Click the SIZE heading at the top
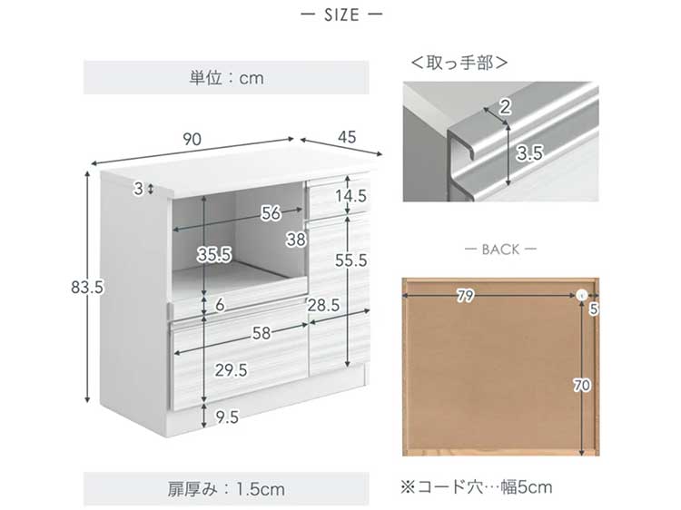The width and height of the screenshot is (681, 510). click(x=341, y=15)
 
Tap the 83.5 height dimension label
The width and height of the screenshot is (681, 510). click(x=87, y=288)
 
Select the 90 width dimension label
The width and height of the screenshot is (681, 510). click(x=192, y=140)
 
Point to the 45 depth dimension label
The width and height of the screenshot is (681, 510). click(x=347, y=137)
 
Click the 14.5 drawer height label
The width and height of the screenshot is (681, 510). click(x=350, y=196)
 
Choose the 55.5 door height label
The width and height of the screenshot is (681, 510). click(x=350, y=260)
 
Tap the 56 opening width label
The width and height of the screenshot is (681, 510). click(x=271, y=213)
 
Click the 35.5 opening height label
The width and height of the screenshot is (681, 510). click(x=214, y=254)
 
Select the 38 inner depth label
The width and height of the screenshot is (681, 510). click(x=296, y=240)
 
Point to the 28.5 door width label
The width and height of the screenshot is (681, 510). click(x=323, y=305)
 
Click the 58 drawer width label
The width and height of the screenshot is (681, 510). click(x=262, y=333)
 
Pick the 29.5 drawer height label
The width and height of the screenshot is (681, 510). click(x=231, y=370)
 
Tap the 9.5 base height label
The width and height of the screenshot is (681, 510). click(x=227, y=417)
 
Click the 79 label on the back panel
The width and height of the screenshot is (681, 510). click(x=465, y=296)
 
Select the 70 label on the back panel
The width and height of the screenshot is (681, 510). click(x=582, y=385)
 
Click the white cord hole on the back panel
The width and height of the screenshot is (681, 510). click(x=581, y=296)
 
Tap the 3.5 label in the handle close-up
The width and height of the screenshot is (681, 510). click(x=530, y=152)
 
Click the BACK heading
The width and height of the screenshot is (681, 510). click(x=500, y=250)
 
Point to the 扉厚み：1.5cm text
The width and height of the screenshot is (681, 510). click(x=226, y=490)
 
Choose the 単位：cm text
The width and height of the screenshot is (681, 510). click(x=226, y=78)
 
